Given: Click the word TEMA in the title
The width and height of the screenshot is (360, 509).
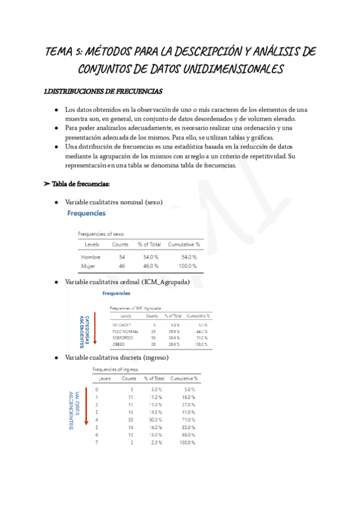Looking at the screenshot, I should pyautogui.click(x=59, y=51).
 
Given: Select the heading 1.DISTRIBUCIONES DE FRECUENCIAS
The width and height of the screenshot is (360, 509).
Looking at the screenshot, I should pyautogui.click(x=103, y=92).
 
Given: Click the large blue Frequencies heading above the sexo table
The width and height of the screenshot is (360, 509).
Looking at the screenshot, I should pyautogui.click(x=86, y=213).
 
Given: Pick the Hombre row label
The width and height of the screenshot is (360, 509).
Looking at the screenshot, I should pyautogui.click(x=91, y=257).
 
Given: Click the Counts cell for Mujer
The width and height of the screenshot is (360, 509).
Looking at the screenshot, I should pyautogui.click(x=122, y=265).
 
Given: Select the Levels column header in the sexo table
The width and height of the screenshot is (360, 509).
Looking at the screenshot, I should pyautogui.click(x=92, y=244).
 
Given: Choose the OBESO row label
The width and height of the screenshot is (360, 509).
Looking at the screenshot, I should pyautogui.click(x=119, y=345).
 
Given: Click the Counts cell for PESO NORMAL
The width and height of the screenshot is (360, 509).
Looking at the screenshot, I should pyautogui.click(x=153, y=331).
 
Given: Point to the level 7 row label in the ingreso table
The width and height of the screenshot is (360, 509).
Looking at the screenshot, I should pyautogui.click(x=97, y=442).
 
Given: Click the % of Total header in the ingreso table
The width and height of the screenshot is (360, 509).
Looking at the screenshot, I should pyautogui.click(x=154, y=379).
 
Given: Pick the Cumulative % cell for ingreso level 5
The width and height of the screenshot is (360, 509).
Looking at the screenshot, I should pyautogui.click(x=187, y=427).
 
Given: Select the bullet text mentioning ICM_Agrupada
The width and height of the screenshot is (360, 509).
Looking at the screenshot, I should pyautogui.click(x=127, y=282).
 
